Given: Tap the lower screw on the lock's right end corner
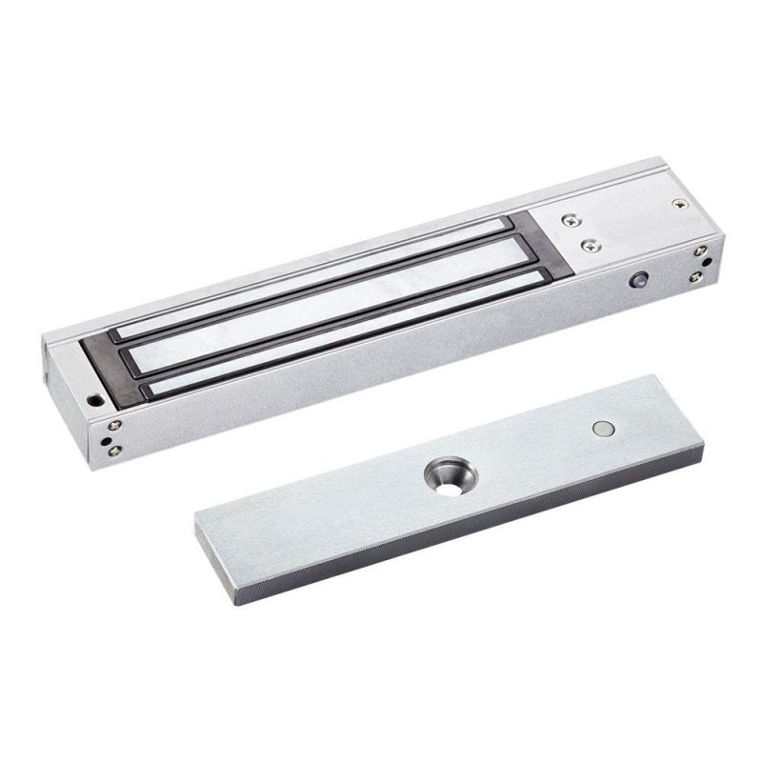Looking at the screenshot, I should (x=696, y=276).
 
